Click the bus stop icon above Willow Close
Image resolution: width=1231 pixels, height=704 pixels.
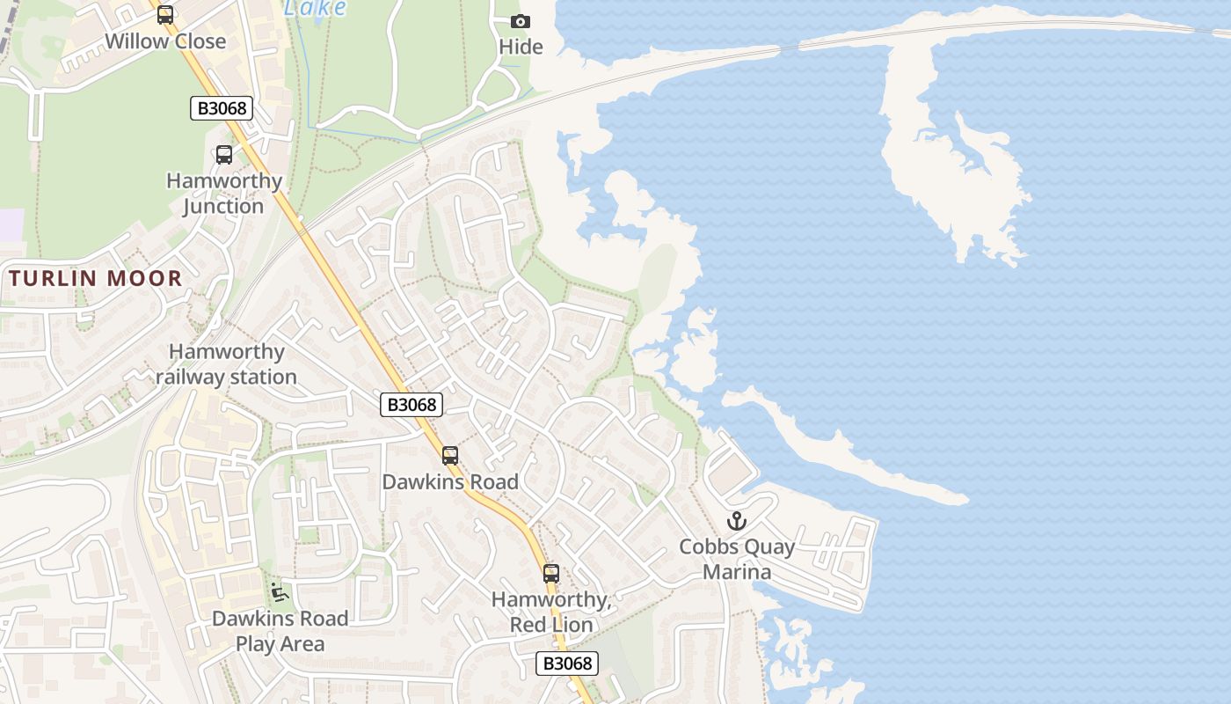pyautogui.click(x=165, y=15)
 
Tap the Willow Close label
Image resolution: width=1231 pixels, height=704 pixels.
pyautogui.click(x=165, y=41)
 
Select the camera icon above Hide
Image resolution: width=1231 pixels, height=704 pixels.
pyautogui.click(x=521, y=21)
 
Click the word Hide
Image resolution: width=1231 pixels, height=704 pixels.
pyautogui.click(x=521, y=47)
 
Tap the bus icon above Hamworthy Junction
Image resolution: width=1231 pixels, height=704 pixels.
pyautogui.click(x=224, y=155)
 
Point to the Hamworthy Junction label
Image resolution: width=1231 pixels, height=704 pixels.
pyautogui.click(x=224, y=194)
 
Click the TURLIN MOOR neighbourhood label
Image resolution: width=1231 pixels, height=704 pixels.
pyautogui.click(x=96, y=279)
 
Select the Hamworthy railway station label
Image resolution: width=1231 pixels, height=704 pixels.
pyautogui.click(x=227, y=364)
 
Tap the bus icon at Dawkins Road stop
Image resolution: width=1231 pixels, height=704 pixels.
pyautogui.click(x=450, y=456)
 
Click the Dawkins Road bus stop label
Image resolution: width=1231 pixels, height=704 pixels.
pyautogui.click(x=450, y=482)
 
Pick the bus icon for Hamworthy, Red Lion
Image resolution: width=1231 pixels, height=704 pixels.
pyautogui.click(x=551, y=574)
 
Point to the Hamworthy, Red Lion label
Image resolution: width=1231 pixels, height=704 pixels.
pyautogui.click(x=551, y=612)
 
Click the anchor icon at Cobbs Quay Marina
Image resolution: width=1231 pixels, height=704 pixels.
pyautogui.click(x=737, y=521)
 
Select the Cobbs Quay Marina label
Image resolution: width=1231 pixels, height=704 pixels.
pyautogui.click(x=737, y=559)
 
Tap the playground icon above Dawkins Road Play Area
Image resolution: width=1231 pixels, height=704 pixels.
pyautogui.click(x=280, y=592)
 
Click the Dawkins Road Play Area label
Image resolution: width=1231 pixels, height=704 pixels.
pyautogui.click(x=280, y=631)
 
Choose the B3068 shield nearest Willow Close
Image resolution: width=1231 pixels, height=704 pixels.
pyautogui.click(x=222, y=108)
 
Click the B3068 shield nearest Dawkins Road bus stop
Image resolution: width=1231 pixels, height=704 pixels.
pyautogui.click(x=412, y=404)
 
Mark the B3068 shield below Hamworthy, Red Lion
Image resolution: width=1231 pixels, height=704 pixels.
pyautogui.click(x=567, y=664)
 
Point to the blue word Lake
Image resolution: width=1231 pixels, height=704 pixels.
pyautogui.click(x=316, y=8)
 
